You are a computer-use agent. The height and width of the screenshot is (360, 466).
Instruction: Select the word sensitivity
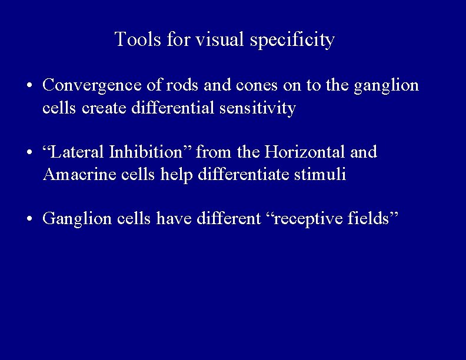point(262,109)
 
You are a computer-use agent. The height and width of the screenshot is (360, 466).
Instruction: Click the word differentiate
point(255,176)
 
